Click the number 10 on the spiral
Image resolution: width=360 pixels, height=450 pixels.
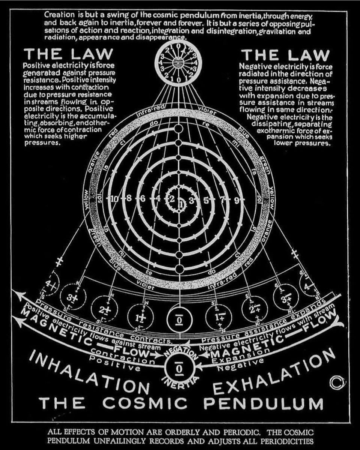(x=114, y=199)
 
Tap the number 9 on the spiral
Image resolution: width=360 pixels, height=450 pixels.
(x=236, y=200)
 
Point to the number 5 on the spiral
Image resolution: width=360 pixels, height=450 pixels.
(x=206, y=199)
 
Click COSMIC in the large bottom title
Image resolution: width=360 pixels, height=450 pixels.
(x=145, y=404)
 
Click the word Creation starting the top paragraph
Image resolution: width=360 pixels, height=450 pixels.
(x=58, y=15)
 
